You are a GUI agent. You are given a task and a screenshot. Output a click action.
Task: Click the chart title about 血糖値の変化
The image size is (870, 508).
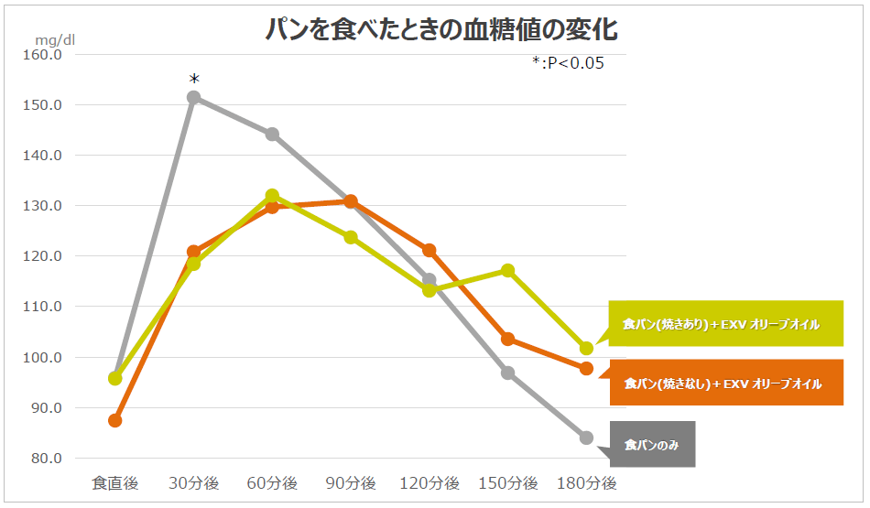coord(440,29)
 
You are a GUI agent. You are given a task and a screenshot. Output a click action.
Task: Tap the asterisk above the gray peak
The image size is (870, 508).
coord(194,80)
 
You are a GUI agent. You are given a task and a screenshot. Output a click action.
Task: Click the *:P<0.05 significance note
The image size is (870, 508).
coord(568,63)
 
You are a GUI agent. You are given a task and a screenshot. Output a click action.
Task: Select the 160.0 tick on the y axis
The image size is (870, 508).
coord(42,55)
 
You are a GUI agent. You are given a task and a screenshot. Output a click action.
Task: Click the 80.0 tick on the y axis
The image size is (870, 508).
coord(44,459)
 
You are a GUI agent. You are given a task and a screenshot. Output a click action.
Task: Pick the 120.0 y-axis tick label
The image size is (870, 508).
coord(42,256)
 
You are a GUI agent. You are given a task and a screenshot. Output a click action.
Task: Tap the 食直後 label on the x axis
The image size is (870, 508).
coord(114,483)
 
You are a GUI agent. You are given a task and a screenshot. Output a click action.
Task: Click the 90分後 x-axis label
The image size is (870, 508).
coord(351,483)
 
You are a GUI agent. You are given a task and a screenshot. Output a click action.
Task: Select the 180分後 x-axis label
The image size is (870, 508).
coord(587,483)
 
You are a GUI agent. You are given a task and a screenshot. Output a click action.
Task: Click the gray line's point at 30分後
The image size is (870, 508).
coord(194,97)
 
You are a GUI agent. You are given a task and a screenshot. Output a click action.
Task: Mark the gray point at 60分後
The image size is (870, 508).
coord(273,135)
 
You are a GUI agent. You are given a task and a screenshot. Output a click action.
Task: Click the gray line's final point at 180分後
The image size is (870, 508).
coord(586,438)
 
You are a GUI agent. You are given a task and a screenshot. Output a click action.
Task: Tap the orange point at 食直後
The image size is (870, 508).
coord(115,420)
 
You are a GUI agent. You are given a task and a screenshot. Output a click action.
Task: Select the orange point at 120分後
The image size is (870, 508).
coord(430,250)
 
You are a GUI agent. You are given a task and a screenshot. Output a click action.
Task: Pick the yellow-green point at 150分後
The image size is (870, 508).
coord(508,270)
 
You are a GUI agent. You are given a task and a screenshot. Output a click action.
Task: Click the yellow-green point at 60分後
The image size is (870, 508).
coord(272,195)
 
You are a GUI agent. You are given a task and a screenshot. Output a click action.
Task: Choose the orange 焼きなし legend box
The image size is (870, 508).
coord(723,384)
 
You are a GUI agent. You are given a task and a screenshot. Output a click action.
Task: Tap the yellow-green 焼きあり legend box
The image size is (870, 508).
coord(723,324)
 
